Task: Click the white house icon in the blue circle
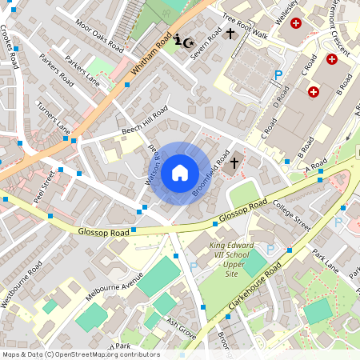180,172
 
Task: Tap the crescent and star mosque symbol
183,41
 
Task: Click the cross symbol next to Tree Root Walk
231,34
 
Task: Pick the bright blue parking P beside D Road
278,75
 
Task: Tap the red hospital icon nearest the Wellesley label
297,24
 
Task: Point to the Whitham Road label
152,57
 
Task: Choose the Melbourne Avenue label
114,286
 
